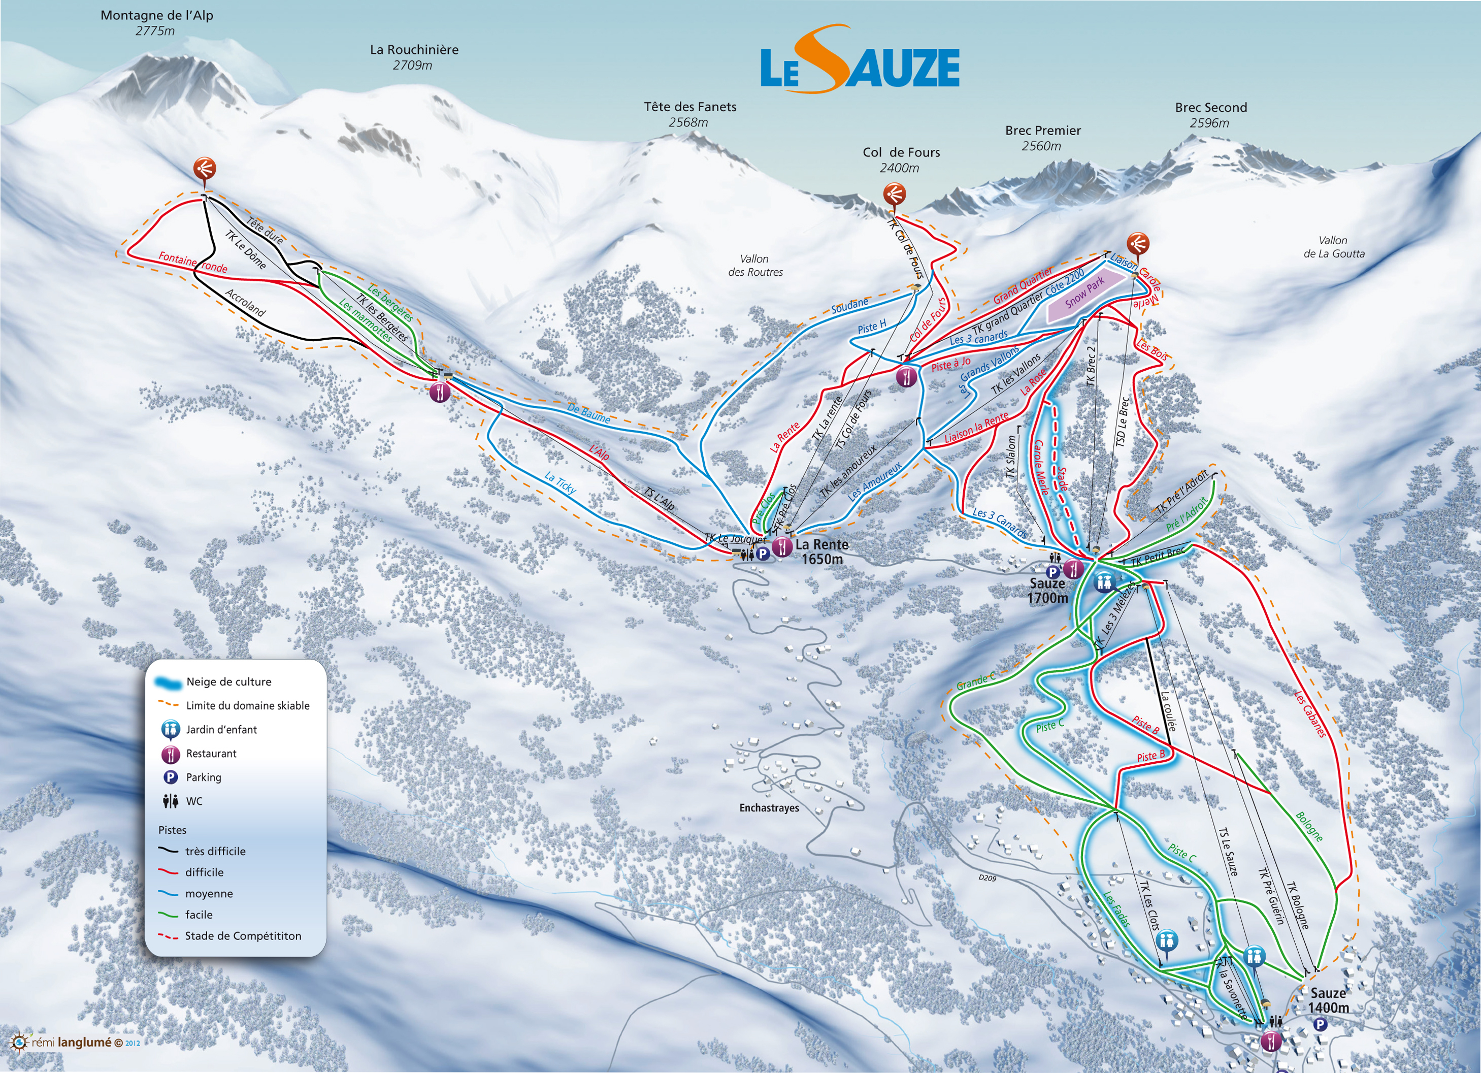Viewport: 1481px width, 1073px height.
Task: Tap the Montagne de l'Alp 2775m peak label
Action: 157,22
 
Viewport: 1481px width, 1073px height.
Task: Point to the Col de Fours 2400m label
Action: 901,160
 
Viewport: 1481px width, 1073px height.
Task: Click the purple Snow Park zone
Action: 1085,292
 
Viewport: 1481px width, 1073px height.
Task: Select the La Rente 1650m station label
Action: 821,551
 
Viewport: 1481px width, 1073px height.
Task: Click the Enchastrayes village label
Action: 769,808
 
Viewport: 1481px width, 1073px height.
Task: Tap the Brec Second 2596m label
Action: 1211,115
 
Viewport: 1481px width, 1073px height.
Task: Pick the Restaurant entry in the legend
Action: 211,753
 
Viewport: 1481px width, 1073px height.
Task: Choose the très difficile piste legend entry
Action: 215,851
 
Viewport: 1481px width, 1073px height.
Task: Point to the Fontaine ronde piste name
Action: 192,263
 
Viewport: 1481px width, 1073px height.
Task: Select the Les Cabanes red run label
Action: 1310,714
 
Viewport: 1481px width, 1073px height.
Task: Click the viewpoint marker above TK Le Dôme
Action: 205,169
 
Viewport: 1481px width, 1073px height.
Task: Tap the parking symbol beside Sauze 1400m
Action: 1320,1024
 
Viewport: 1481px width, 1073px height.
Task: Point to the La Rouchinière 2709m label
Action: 413,57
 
